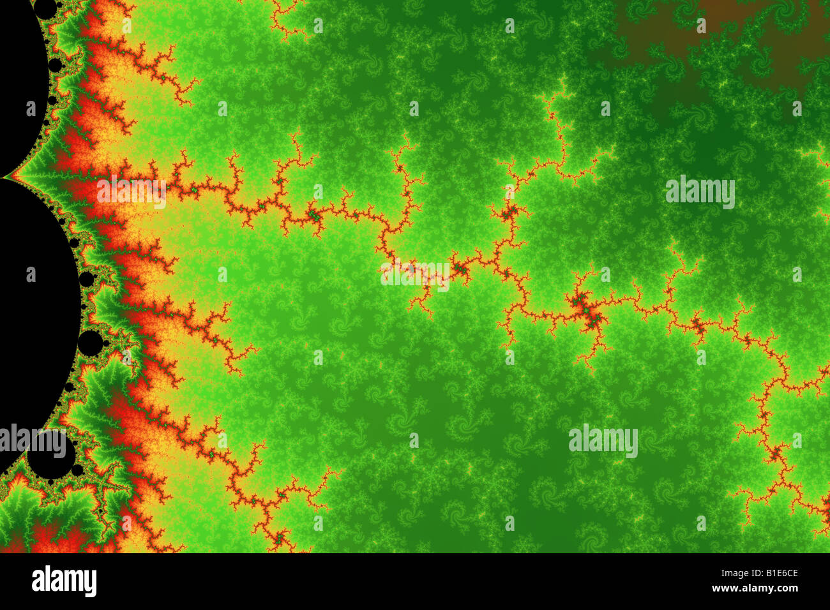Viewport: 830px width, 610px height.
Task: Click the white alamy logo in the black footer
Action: pos(64,581)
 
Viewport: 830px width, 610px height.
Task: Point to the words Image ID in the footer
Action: pos(728,572)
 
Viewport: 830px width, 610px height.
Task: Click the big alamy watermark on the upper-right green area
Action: pos(700,191)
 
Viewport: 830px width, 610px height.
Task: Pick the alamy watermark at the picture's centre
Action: pos(415,275)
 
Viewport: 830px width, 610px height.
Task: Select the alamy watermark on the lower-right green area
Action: pos(603,440)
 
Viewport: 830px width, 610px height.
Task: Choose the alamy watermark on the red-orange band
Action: pos(131,191)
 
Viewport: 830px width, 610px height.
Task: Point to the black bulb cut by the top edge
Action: pos(45,8)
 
